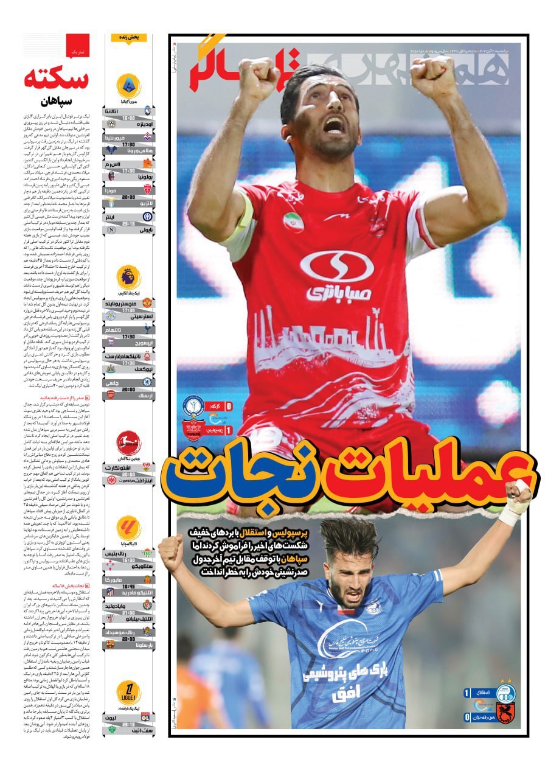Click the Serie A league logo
[x=128, y=83]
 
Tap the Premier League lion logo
[x=128, y=277]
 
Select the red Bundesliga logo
[x=128, y=441]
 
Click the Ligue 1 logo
[x=128, y=693]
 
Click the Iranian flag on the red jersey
[x=293, y=222]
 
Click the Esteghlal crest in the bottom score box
[x=505, y=693]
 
